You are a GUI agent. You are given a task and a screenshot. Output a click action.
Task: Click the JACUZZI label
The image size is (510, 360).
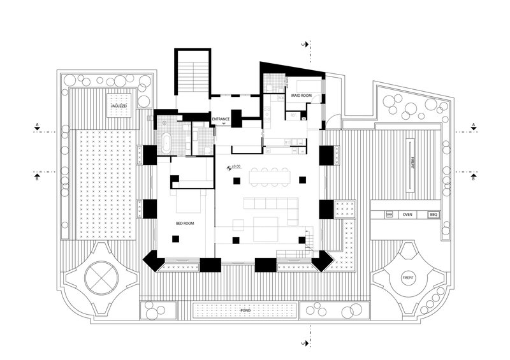tap(120, 104)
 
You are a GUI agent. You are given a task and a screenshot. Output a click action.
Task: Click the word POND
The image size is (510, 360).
tap(245, 310)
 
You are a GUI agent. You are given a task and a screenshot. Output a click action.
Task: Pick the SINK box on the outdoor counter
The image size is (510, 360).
tap(390, 215)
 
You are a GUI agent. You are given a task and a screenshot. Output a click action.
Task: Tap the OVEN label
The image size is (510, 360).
tap(407, 215)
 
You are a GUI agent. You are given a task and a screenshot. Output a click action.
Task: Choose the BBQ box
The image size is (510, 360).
tap(433, 215)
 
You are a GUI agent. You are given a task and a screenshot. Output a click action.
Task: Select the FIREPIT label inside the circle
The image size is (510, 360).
tap(407, 278)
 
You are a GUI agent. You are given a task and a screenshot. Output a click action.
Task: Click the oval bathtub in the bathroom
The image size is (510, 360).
tap(166, 142)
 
